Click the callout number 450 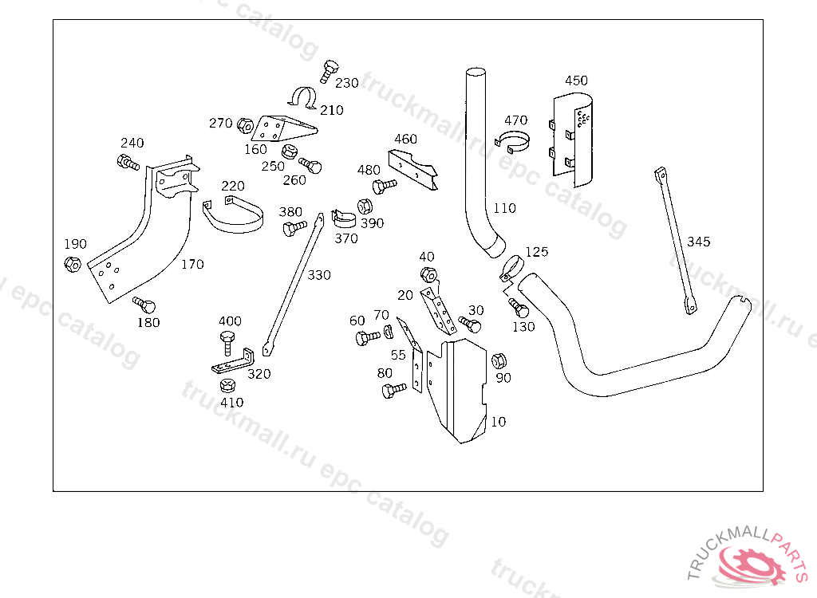pyautogui.click(x=576, y=81)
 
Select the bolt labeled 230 pyautogui.click(x=329, y=72)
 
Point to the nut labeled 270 pyautogui.click(x=245, y=125)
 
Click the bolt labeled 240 pyautogui.click(x=128, y=162)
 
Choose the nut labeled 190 pyautogui.click(x=73, y=264)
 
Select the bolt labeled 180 pyautogui.click(x=144, y=305)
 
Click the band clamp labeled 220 pyautogui.click(x=233, y=214)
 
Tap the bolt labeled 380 pyautogui.click(x=294, y=227)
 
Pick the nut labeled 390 pyautogui.click(x=365, y=207)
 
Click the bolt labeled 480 pyautogui.click(x=385, y=186)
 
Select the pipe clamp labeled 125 pyautogui.click(x=511, y=268)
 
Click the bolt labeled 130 pyautogui.click(x=519, y=308)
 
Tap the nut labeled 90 pyautogui.click(x=499, y=361)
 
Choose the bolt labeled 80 pyautogui.click(x=394, y=390)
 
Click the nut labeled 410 pyautogui.click(x=227, y=385)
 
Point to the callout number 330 pyautogui.click(x=319, y=275)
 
